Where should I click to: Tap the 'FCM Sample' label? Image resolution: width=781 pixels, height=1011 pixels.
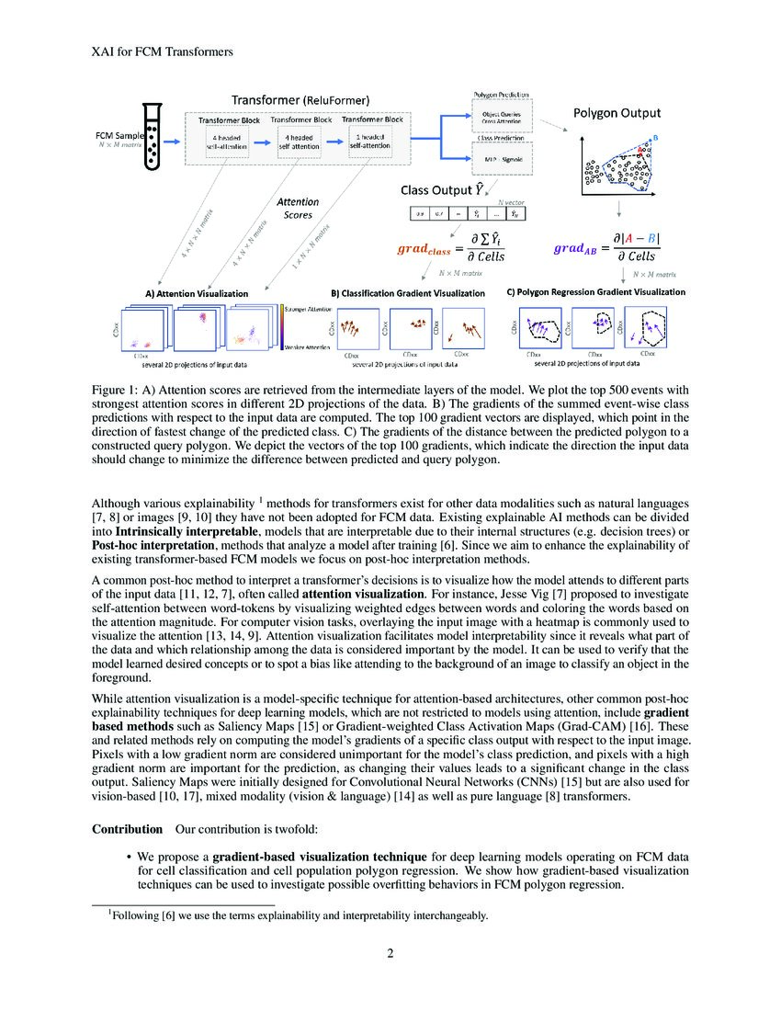pyautogui.click(x=118, y=135)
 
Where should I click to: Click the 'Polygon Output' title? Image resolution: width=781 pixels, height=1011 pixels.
pyautogui.click(x=617, y=113)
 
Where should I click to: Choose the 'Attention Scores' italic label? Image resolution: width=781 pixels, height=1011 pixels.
pyautogui.click(x=298, y=208)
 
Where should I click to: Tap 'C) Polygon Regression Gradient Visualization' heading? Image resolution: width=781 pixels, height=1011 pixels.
pyautogui.click(x=596, y=291)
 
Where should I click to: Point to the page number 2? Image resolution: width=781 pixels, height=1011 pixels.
pyautogui.click(x=390, y=952)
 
